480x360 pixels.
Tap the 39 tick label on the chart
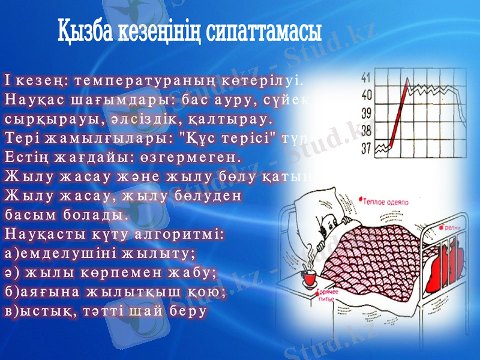click(366, 112)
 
